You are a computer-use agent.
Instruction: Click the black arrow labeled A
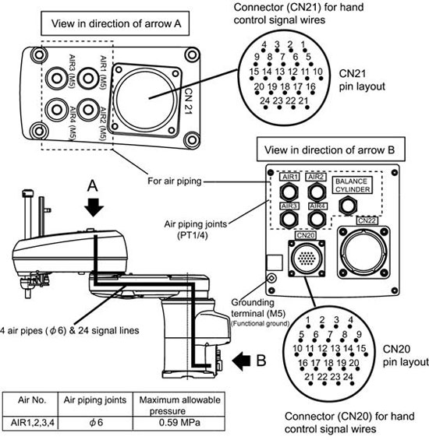94,207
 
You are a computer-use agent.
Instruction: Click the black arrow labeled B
242,361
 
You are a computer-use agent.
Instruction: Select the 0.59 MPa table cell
179,423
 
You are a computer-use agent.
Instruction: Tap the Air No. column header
31,400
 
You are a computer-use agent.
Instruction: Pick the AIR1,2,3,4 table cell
31,423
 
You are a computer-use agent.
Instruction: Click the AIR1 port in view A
88,79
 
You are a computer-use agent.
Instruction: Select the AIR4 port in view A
56,110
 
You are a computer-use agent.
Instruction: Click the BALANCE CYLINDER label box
353,185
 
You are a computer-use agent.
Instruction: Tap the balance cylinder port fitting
347,206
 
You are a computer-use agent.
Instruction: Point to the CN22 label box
367,220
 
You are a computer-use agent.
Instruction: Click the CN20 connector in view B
307,259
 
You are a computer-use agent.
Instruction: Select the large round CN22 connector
363,252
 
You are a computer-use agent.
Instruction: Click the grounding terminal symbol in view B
271,279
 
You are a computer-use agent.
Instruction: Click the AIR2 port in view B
317,192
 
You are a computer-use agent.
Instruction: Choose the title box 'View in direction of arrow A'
115,23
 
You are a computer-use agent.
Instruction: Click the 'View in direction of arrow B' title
331,150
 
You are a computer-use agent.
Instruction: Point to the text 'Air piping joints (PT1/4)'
195,230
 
